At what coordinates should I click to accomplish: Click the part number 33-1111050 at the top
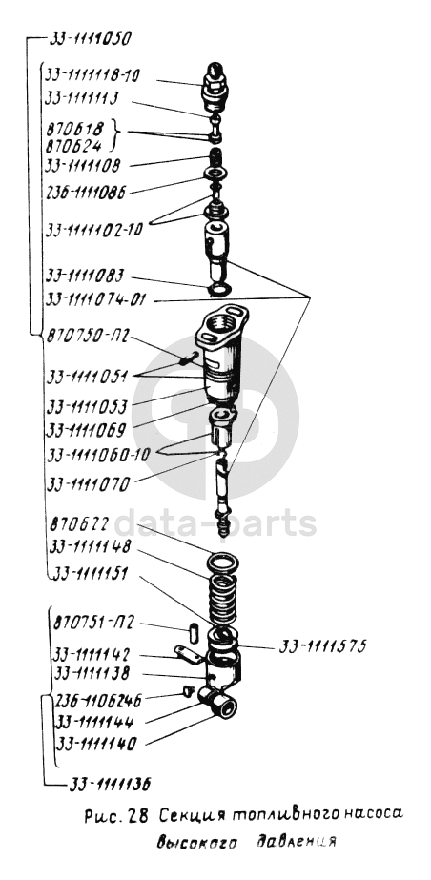pos(91,39)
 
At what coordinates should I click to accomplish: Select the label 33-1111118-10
pos(92,75)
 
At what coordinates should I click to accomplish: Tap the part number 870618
pos(75,129)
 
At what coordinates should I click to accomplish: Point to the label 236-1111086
pos(85,192)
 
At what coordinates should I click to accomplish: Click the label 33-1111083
pos(85,276)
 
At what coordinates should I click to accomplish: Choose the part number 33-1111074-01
pos(96,300)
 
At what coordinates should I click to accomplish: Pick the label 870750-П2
pos(88,337)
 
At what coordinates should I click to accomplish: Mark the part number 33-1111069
pos(87,430)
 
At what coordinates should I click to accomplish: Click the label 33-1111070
pos(88,483)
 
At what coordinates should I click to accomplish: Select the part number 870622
pos(78,524)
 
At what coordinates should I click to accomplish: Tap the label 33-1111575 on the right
pos(322,646)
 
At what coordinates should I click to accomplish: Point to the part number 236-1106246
pos(99,701)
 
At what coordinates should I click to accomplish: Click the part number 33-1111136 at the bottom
pos(110,784)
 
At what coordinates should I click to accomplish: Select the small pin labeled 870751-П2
pos(193,632)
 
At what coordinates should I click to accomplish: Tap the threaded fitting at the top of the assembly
pos(215,87)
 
